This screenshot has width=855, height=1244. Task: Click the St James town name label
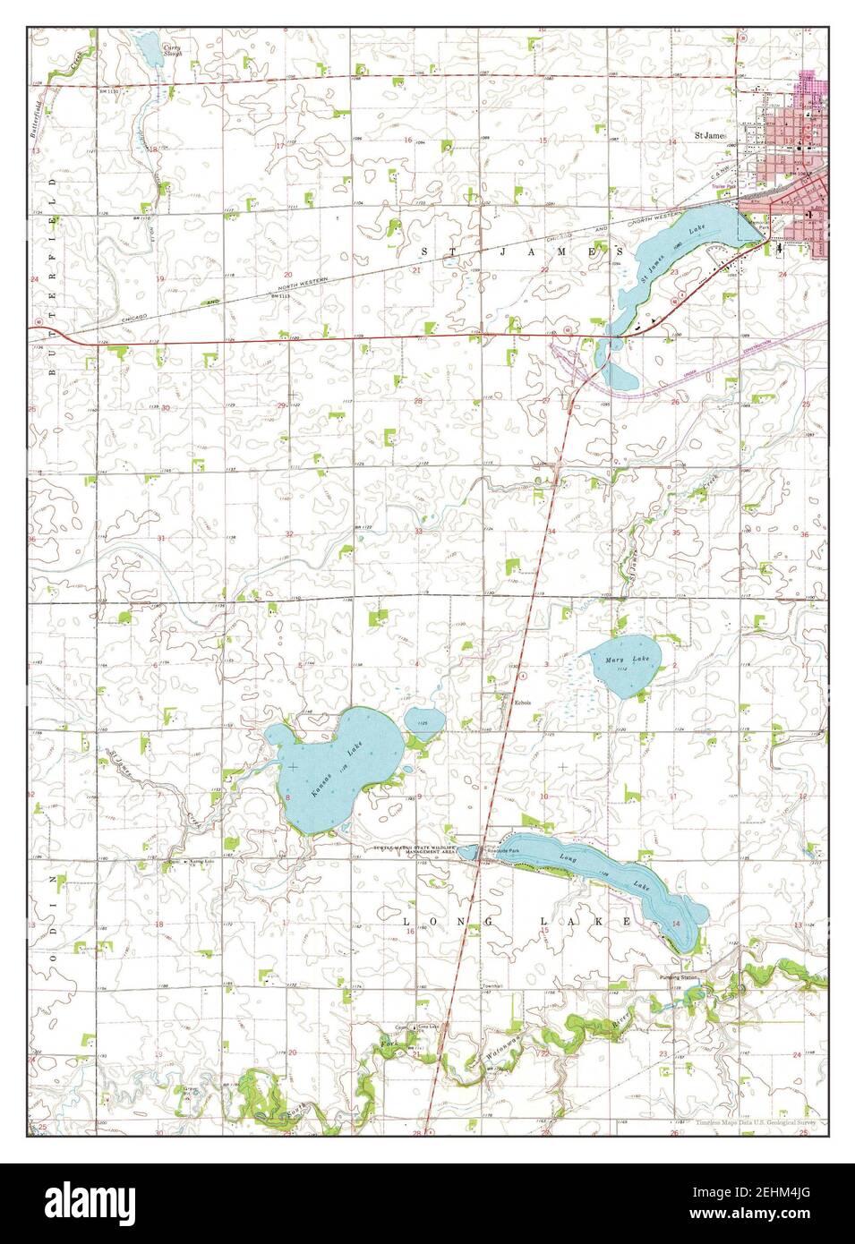point(713,137)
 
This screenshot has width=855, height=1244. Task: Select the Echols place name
point(523,703)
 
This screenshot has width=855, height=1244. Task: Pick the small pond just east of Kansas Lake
point(420,719)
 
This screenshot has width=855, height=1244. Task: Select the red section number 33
point(418,532)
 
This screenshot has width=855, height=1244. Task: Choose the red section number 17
point(279,145)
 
